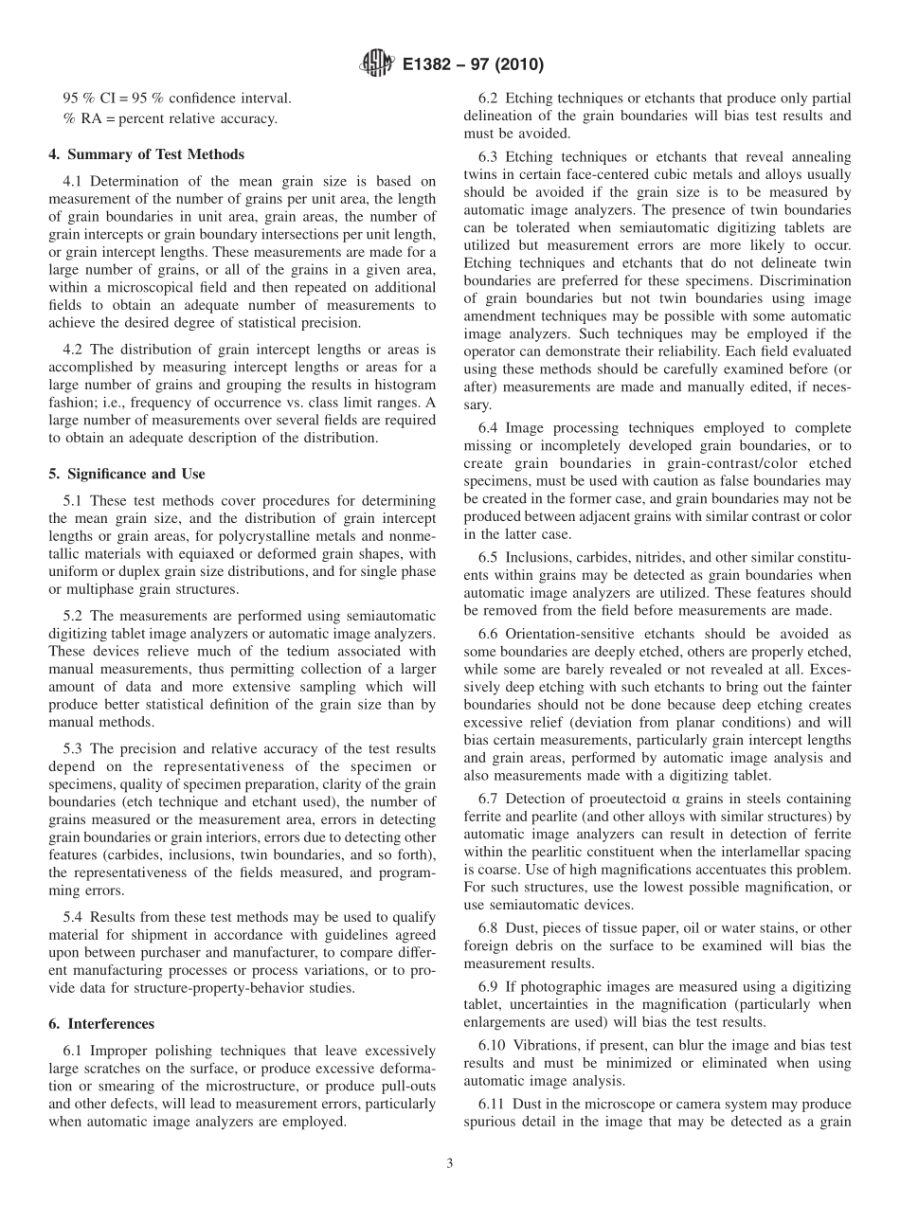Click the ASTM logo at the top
click(377, 65)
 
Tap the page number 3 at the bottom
click(450, 1163)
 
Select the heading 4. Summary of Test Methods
click(146, 154)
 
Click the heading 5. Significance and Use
click(127, 474)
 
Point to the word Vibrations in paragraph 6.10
click(553, 1044)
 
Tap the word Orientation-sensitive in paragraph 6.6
click(574, 633)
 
